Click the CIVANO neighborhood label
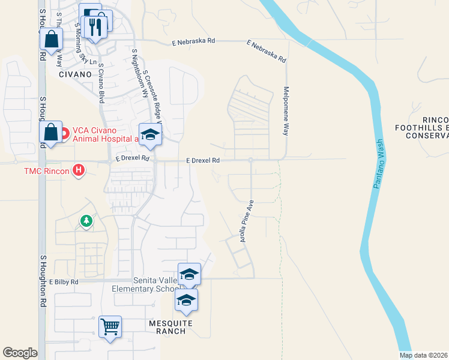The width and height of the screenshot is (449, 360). [75, 74]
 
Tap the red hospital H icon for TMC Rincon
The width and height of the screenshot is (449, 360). [77, 171]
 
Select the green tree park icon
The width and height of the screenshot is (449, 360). [86, 222]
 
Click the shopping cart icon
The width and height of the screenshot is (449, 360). [110, 327]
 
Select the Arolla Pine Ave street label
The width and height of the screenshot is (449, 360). [244, 220]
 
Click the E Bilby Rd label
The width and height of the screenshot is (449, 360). [64, 281]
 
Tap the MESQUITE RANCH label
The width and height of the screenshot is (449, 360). [170, 327]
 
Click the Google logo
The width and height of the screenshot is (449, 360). [20, 353]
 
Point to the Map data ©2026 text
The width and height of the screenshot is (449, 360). [423, 355]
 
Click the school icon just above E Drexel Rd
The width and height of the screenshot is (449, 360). [151, 134]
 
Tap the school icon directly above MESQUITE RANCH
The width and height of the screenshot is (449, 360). [187, 300]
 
